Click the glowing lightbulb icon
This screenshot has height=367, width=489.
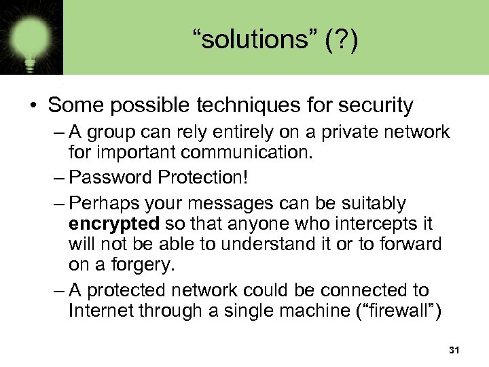(x=31, y=37)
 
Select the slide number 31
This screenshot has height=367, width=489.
(x=454, y=350)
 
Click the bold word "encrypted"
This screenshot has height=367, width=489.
(x=114, y=224)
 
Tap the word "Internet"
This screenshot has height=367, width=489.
(x=102, y=312)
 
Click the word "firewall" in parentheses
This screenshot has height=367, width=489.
(x=401, y=312)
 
